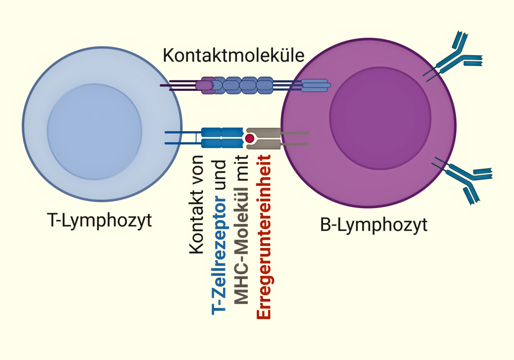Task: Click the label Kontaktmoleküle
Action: pyautogui.click(x=233, y=56)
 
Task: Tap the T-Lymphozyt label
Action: pyautogui.click(x=99, y=222)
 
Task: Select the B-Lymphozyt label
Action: pyautogui.click(x=374, y=225)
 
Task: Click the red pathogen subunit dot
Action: pyautogui.click(x=249, y=138)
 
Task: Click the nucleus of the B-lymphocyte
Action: pyautogui.click(x=380, y=117)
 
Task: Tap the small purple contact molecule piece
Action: pyautogui.click(x=204, y=85)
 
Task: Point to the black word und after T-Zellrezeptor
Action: pyautogui.click(x=219, y=176)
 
